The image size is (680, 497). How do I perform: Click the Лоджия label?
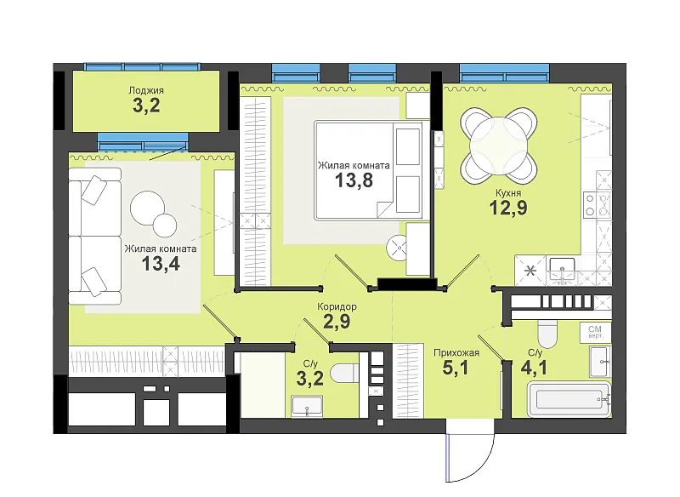pos(146,90)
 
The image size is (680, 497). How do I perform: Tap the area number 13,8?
pos(354,180)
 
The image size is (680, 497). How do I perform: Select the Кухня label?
pos(508,192)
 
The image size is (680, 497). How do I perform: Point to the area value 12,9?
pos(508,208)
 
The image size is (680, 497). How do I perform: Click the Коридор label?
pos(337,306)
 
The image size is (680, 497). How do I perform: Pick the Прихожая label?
pos(456,352)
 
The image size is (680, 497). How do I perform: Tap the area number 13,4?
pos(161,263)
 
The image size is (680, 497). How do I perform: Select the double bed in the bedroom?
pos(369,169)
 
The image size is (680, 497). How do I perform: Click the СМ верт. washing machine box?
pos(595,332)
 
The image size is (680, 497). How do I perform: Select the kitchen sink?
pos(562,270)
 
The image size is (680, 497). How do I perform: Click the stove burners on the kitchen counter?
pos(590,205)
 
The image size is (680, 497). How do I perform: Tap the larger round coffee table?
pos(147,208)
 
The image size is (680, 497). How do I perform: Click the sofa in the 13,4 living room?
pos(94,236)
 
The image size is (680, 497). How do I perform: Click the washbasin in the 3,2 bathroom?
pos(307,406)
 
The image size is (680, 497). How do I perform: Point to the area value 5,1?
pos(456,368)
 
